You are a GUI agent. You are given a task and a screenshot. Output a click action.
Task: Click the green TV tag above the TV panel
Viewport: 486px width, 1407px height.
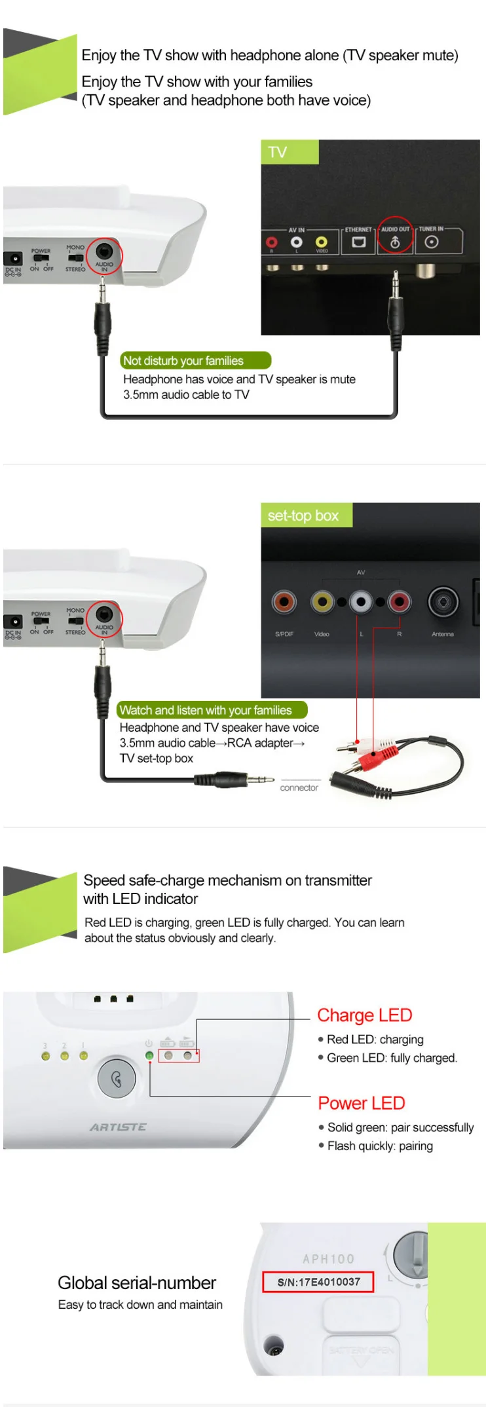289,152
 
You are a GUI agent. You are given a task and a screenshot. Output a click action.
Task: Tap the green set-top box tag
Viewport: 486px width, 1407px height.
306,516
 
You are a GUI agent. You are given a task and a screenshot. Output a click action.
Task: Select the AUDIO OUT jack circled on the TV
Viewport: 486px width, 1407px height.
395,242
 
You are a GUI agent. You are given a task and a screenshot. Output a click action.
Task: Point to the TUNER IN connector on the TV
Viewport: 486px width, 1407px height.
431,242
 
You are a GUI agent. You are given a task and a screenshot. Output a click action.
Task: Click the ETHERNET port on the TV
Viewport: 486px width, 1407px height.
358,242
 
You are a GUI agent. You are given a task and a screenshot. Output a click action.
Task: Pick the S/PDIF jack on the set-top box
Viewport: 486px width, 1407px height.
284,601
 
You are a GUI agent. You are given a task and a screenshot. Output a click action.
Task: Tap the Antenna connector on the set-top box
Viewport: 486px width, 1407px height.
443,601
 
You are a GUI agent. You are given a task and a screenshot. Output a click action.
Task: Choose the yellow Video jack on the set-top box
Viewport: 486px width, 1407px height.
322,601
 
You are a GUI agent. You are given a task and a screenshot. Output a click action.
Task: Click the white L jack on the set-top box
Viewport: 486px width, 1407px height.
361,601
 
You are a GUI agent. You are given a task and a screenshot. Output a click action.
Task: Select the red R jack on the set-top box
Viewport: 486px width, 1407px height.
399,601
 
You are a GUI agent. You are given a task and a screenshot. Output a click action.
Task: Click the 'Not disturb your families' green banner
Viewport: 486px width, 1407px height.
195,361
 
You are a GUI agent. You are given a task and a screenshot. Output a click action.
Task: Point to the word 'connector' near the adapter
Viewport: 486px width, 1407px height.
299,787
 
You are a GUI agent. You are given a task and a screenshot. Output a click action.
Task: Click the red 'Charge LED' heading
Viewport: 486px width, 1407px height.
364,1015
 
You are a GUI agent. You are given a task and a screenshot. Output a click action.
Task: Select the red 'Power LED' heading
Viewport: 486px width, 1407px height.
361,1103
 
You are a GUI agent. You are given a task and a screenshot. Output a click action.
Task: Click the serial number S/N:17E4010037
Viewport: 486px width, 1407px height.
318,1282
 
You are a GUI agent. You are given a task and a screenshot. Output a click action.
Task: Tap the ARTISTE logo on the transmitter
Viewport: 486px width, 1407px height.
118,1127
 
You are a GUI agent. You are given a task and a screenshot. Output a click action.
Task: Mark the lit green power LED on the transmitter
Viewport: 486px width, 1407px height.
149,1056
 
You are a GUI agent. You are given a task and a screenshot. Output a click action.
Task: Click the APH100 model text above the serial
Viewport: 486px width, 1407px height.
328,1259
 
